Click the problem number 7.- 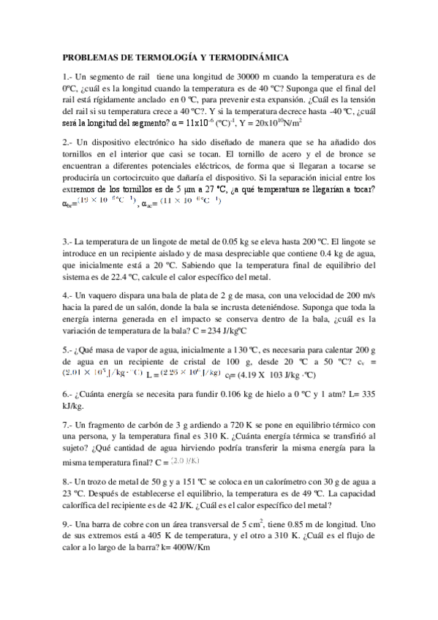(x=68, y=424)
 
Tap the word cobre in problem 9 (x=137, y=523)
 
